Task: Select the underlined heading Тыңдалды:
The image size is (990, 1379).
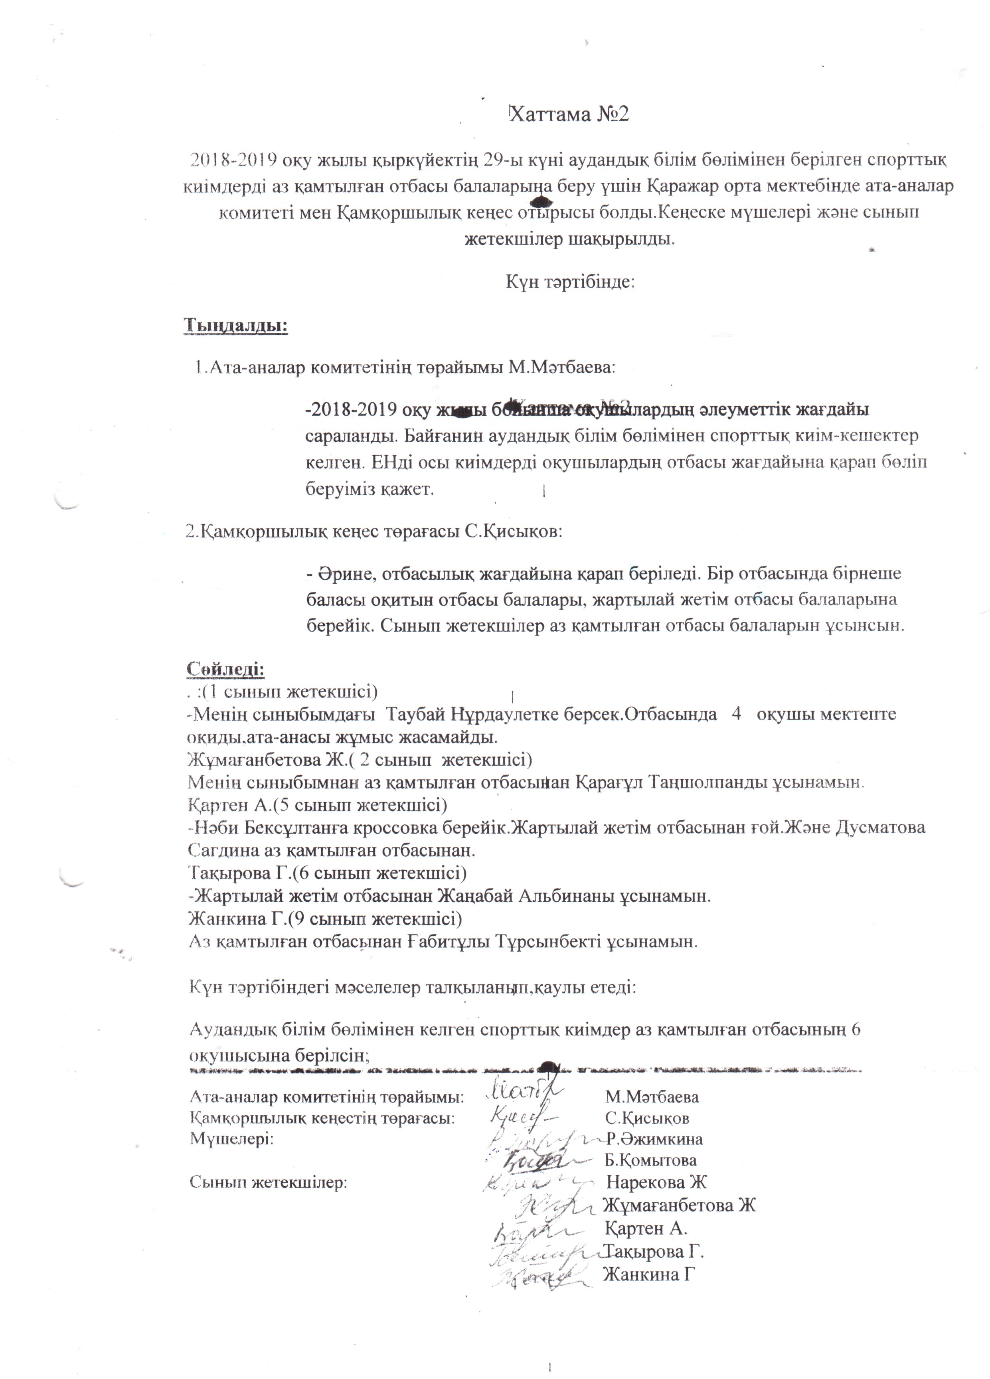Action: point(235,325)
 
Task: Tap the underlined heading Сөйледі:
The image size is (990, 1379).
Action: point(225,668)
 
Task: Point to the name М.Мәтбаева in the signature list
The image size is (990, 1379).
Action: point(652,1097)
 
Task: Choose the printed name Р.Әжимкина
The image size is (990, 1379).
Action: point(654,1138)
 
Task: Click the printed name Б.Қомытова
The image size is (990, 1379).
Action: point(651,1160)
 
